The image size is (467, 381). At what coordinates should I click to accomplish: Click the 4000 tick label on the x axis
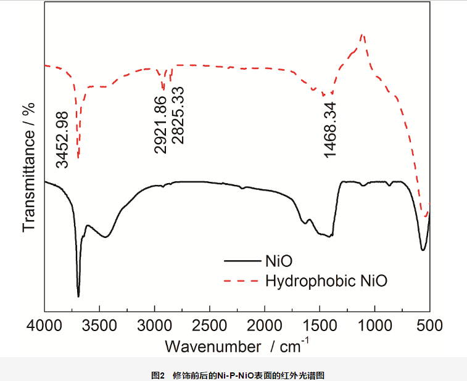point(44,325)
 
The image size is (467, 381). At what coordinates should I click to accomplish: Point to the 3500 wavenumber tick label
point(99,325)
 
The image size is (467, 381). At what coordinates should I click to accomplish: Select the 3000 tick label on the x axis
point(154,325)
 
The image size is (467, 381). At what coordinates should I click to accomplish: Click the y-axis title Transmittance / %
point(28,166)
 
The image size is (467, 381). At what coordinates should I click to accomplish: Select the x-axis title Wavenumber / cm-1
point(238,345)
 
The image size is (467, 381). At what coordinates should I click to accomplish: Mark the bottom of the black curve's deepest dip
point(78,296)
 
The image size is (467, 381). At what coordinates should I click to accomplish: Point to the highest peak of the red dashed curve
point(363,36)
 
